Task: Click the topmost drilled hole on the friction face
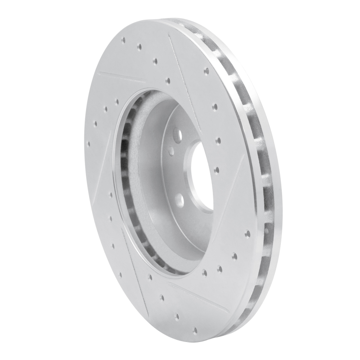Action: pyautogui.click(x=123, y=40)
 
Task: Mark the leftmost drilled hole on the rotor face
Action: pyautogui.click(x=88, y=144)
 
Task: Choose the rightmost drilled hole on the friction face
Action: pyautogui.click(x=247, y=234)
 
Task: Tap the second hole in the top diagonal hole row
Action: pyautogui.click(x=139, y=46)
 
